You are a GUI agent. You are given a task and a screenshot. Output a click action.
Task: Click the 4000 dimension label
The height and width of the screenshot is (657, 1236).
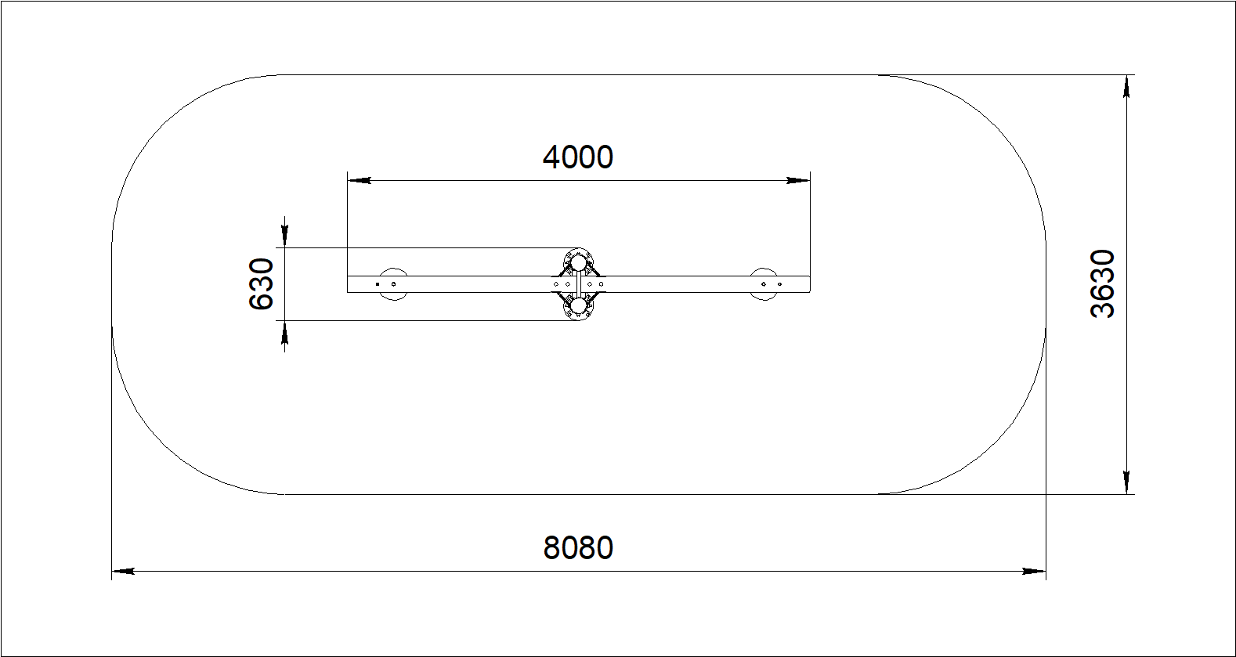point(578,157)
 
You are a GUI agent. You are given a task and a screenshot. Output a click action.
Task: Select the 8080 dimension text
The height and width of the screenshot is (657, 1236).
point(578,548)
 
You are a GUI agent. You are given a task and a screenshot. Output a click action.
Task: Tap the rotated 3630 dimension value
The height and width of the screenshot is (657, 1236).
point(1103,283)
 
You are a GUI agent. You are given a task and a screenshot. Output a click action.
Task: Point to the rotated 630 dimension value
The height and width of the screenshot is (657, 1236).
point(262,284)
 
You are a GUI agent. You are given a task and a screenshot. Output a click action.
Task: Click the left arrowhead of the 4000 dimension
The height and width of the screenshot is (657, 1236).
point(360,180)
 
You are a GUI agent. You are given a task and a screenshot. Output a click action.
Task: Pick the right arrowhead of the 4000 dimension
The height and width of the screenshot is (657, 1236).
point(798,180)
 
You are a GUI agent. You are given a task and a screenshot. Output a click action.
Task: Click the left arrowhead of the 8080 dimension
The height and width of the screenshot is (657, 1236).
point(124,572)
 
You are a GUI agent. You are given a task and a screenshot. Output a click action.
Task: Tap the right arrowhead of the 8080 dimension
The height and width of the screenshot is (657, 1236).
point(1034,572)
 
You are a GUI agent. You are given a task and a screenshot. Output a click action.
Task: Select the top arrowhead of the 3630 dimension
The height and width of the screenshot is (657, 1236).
point(1126,87)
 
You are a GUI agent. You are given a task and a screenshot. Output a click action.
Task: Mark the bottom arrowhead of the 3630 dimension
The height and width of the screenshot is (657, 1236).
point(1126,482)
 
